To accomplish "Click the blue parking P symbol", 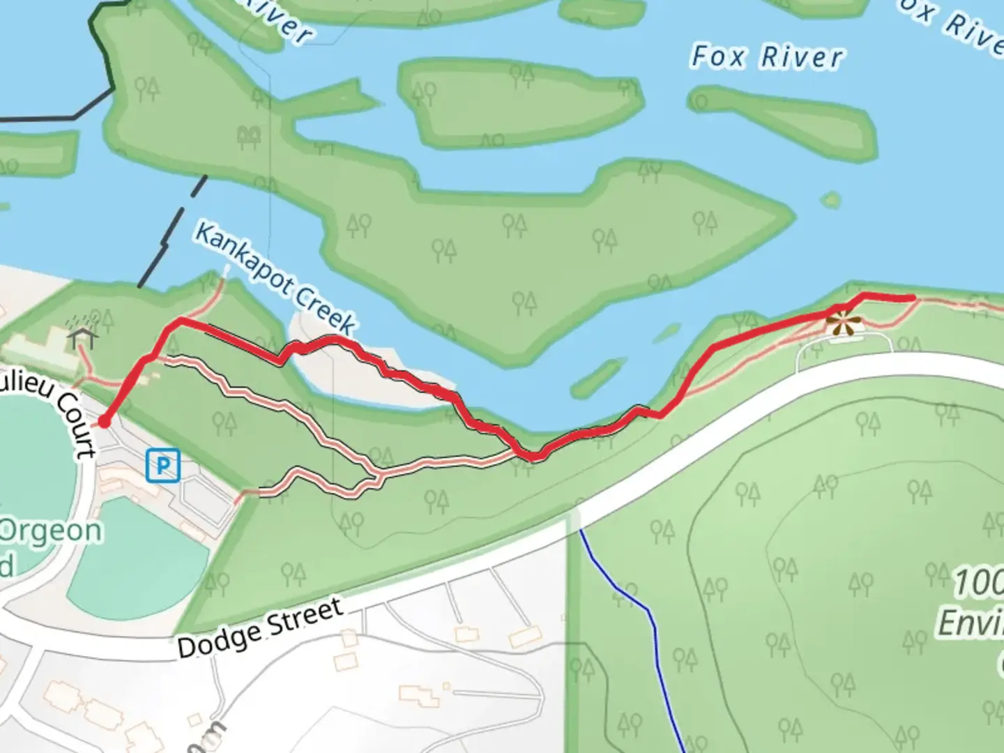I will click(x=163, y=465).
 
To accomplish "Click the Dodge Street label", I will click(x=259, y=628).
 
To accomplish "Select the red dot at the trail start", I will click(x=104, y=421).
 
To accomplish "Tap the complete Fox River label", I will click(x=766, y=57).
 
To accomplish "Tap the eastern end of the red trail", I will click(x=911, y=298).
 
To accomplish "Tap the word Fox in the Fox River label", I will click(x=717, y=56).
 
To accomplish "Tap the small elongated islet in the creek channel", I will click(x=598, y=377).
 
